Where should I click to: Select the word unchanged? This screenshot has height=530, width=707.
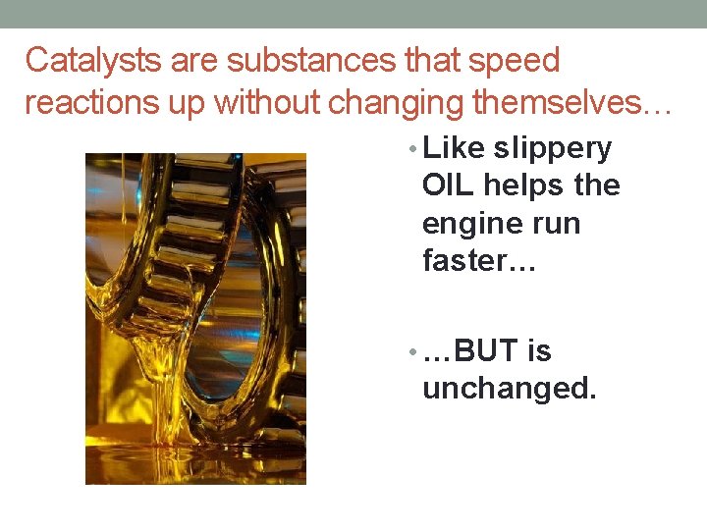509,389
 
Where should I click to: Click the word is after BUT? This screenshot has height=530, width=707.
539,351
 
